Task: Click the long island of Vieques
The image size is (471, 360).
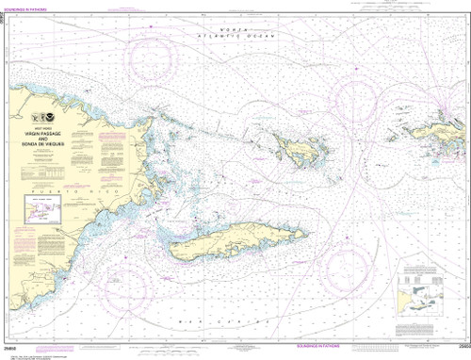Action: (x=226, y=240)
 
